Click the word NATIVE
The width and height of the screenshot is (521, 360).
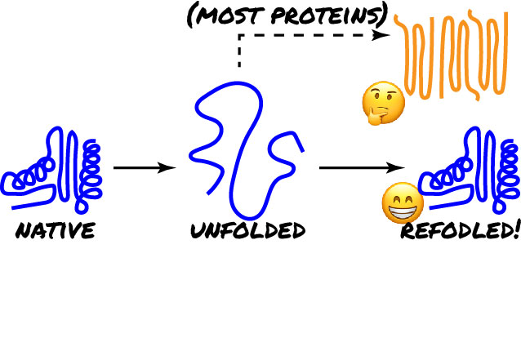pos(56,230)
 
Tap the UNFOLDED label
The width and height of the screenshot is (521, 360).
pos(248,230)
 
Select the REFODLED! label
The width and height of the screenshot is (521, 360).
pos(461,230)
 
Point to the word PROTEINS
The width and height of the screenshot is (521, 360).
pos(324,16)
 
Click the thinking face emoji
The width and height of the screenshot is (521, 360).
pos(383,103)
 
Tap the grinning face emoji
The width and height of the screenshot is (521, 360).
pos(403,202)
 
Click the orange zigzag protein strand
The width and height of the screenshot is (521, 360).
pos(452,55)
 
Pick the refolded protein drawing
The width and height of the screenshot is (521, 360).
pos(470,169)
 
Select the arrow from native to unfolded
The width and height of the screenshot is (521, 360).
pos(145,167)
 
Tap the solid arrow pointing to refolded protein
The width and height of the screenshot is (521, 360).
pos(363,167)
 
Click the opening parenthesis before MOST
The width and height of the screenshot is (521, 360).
pos(191,16)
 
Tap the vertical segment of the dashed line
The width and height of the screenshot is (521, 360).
pos(239,51)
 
